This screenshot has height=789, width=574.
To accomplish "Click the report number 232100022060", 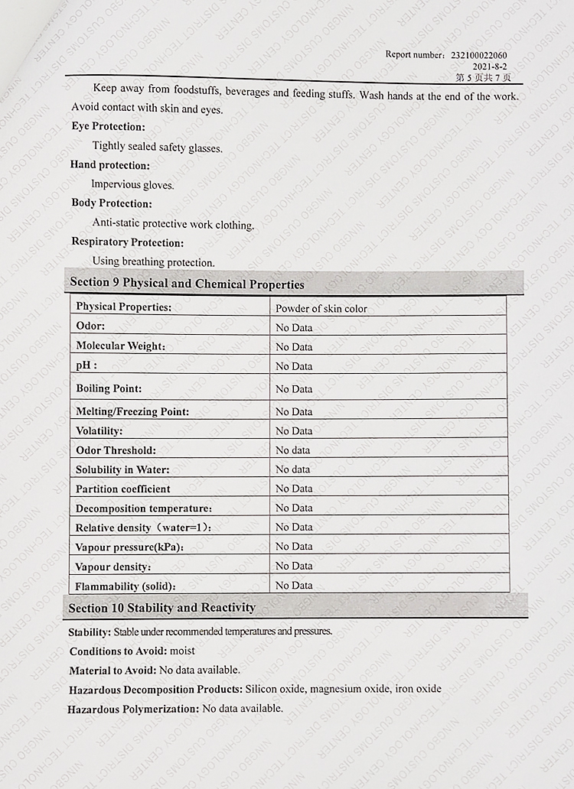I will pos(479,55).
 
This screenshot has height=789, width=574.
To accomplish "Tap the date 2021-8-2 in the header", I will pos(490,67).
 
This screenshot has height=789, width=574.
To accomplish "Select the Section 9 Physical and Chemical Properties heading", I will pos(187,284).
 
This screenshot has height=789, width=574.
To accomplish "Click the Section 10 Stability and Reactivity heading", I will pos(161,608).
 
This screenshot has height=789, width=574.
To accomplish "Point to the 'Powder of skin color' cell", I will pos(321,309).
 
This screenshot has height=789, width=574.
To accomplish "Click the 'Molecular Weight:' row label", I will pos(120,346).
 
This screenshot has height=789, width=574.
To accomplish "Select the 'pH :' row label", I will pos(86,365).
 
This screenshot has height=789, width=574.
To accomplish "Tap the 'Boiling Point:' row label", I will pos(109,388).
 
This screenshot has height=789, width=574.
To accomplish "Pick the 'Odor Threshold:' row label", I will pos(116,450).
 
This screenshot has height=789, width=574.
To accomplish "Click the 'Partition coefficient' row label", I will pos(123,489).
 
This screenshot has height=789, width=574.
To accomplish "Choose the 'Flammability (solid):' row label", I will pos(126,586).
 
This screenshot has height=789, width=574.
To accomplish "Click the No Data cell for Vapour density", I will pos(294,566).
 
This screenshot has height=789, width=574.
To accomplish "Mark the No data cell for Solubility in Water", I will pos(293,469).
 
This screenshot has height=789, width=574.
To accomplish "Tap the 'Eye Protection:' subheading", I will pos(108,127).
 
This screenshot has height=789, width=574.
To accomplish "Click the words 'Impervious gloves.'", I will pos(132,185).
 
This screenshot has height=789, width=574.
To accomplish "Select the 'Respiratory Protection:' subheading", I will pos(128,242).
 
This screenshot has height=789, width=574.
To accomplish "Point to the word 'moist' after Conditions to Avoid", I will pos(183,651).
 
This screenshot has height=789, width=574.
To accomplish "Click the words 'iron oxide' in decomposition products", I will pos(419,689).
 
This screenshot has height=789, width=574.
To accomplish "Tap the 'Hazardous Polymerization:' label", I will pos(133,709).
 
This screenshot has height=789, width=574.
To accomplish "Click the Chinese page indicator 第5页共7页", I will pos(483,77).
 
